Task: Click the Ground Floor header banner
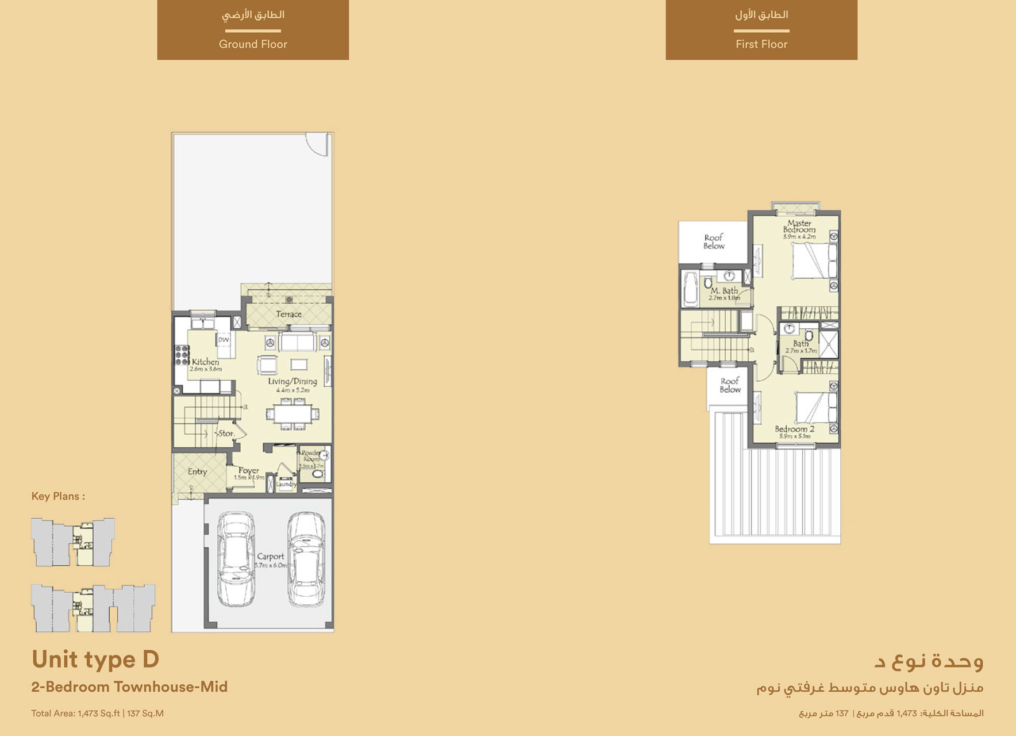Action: [253, 29]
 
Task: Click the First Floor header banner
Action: [761, 29]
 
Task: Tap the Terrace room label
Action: [288, 314]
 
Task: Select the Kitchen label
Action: [205, 362]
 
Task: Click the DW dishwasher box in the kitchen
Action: [224, 340]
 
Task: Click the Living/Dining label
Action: [293, 381]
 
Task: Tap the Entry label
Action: [197, 471]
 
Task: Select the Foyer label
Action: [249, 470]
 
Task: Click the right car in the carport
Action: [306, 559]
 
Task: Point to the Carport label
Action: [270, 557]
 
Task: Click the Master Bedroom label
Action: [799, 227]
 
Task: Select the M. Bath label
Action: [724, 291]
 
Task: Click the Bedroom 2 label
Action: [794, 429]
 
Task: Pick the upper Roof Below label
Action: [714, 241]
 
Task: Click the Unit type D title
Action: [95, 660]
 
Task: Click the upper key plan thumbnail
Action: [73, 542]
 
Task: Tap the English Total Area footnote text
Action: [97, 714]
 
